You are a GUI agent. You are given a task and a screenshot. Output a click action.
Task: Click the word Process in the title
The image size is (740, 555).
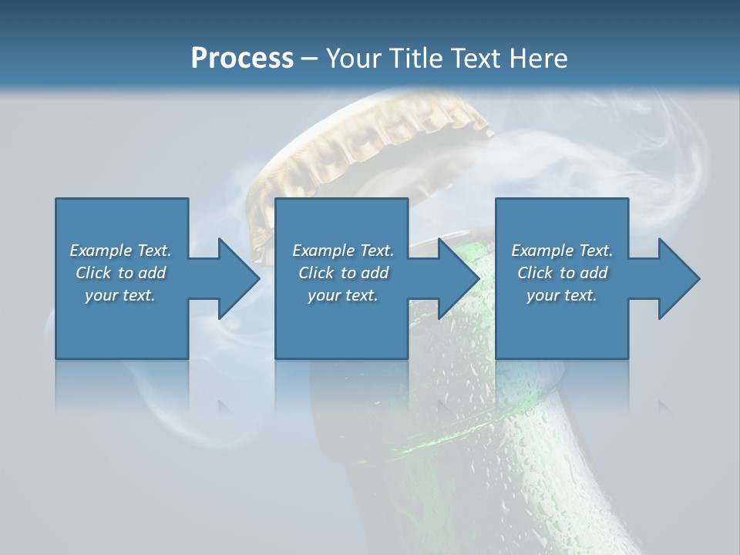point(242,59)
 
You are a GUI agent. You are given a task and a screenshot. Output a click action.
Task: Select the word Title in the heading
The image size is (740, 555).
point(418,59)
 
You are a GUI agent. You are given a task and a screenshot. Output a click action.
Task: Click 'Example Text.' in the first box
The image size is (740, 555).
point(120,251)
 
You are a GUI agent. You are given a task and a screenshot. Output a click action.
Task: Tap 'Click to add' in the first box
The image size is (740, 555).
point(121,273)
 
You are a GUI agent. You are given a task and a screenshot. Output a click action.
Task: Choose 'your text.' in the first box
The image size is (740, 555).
point(120,295)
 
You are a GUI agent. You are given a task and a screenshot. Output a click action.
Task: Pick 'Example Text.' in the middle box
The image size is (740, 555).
point(343,251)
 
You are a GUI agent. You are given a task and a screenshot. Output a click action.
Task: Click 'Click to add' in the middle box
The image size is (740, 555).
point(344,273)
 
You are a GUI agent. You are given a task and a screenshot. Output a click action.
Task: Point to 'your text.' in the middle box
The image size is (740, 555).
point(343,295)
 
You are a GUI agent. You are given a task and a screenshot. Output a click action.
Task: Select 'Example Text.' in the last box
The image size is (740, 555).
point(562,251)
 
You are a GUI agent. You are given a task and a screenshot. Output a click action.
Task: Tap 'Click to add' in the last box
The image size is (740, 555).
point(563,273)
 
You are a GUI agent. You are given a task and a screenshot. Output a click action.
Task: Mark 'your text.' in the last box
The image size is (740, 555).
point(562,295)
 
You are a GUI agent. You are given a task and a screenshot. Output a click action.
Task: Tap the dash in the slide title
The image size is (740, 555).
point(309,59)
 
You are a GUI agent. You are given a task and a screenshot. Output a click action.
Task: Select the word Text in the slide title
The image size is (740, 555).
point(473,59)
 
